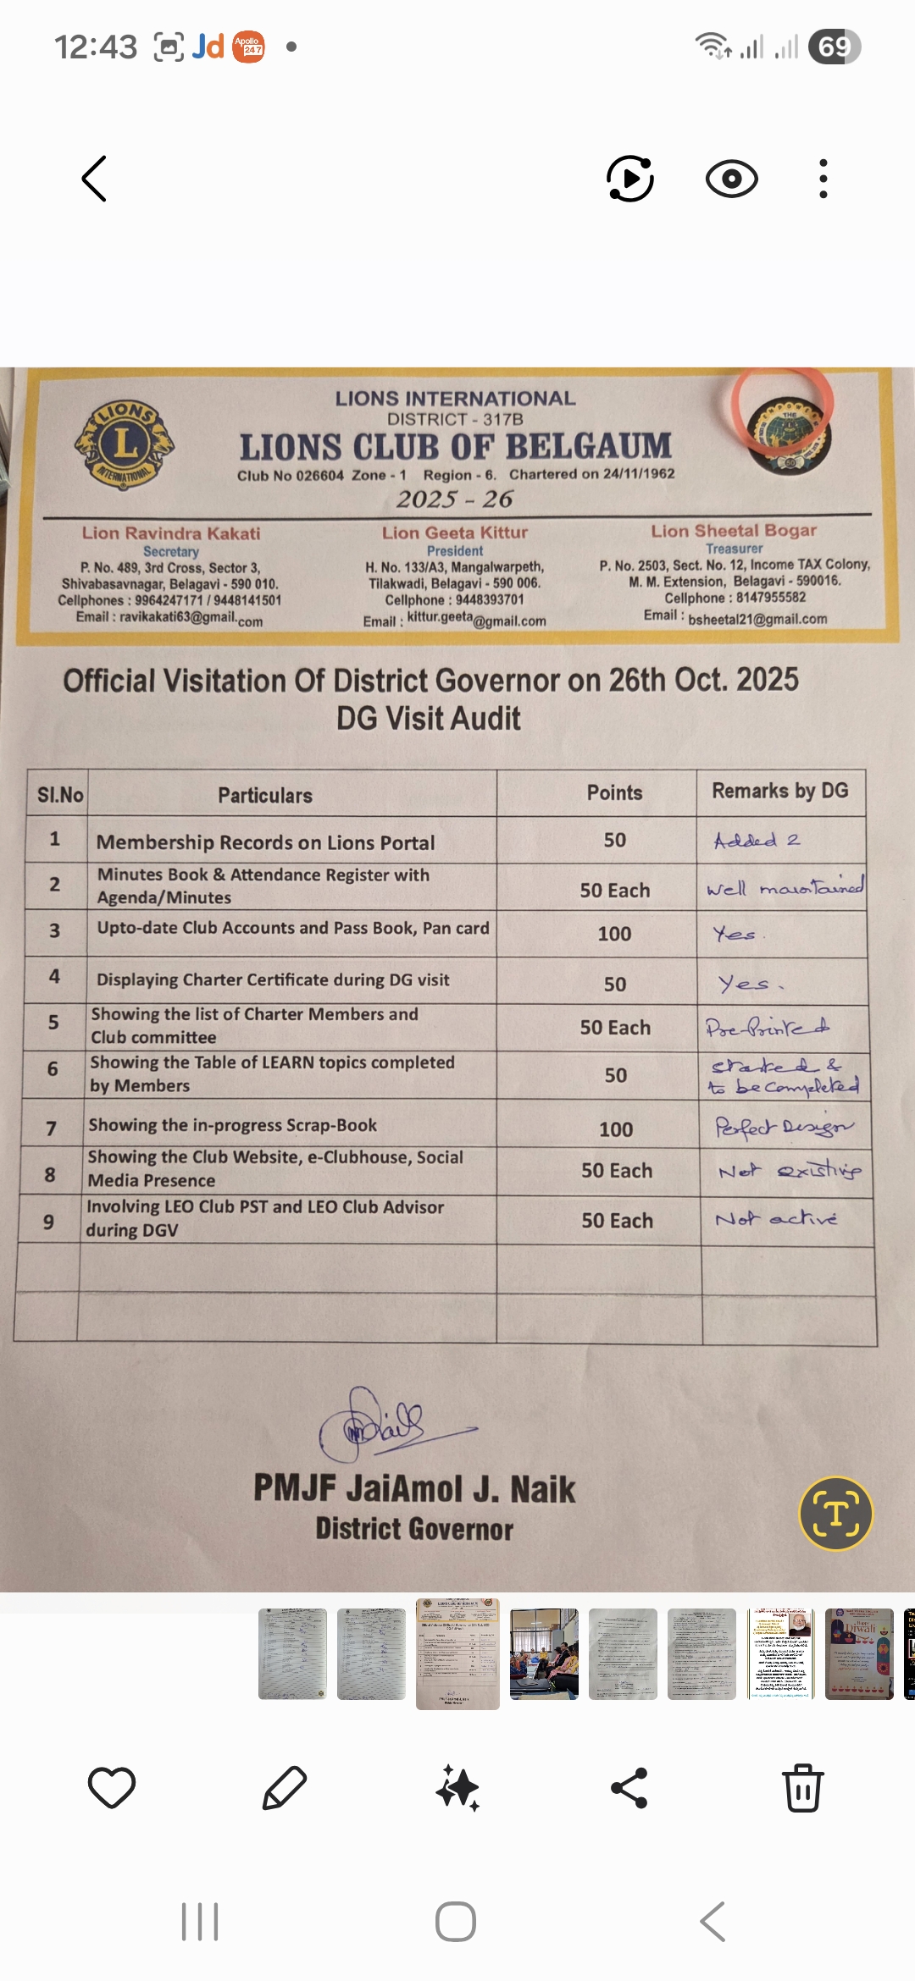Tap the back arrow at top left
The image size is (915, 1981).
[x=94, y=179]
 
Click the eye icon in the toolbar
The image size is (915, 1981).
[x=731, y=179]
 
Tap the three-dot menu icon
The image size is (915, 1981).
[x=823, y=179]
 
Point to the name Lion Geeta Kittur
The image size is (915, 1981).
[x=454, y=532]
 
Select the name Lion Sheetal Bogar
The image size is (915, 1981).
[x=734, y=531]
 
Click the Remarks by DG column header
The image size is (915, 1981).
[x=779, y=791]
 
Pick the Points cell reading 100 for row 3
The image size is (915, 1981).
[x=614, y=934]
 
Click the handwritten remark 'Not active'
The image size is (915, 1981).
[x=776, y=1218]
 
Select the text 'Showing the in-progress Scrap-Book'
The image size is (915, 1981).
[x=233, y=1125]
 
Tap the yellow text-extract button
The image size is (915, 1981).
[x=835, y=1513]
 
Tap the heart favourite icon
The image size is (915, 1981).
[x=112, y=1788]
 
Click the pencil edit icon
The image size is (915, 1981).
[x=285, y=1788]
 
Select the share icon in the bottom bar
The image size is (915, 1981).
[x=629, y=1788]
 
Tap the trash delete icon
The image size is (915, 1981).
[x=802, y=1788]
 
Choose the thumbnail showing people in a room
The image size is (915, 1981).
[x=544, y=1653]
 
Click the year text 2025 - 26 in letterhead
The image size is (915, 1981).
[x=455, y=499]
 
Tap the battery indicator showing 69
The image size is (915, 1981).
[x=835, y=47]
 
